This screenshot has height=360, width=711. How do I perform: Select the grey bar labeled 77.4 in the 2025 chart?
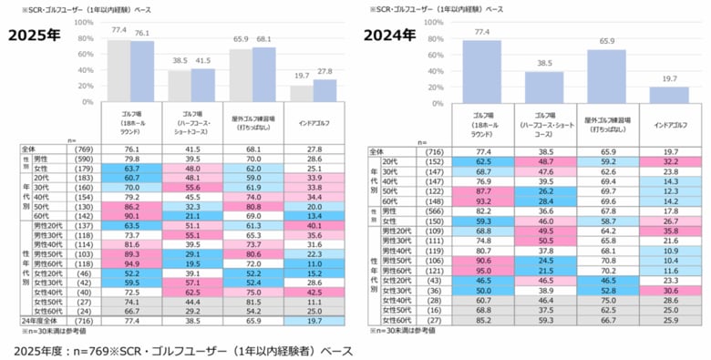point(119,70)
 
